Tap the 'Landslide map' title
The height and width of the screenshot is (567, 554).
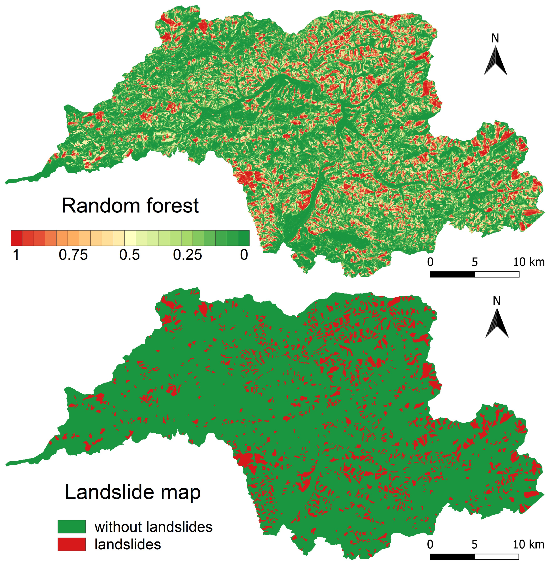click(x=133, y=492)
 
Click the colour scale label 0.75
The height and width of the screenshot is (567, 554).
click(x=73, y=255)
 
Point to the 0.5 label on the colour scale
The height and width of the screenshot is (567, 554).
click(x=130, y=255)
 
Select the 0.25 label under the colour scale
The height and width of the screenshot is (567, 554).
click(x=187, y=255)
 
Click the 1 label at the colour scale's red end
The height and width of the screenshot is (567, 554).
click(x=16, y=255)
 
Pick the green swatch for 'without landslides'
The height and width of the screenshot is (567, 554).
click(x=72, y=527)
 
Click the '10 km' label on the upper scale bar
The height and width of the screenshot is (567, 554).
click(x=529, y=262)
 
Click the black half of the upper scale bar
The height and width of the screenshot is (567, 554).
click(x=452, y=274)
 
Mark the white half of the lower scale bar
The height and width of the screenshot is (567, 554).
click(x=497, y=556)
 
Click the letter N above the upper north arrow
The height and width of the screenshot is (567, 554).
click(x=495, y=38)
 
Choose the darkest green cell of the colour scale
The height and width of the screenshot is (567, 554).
click(x=243, y=238)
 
